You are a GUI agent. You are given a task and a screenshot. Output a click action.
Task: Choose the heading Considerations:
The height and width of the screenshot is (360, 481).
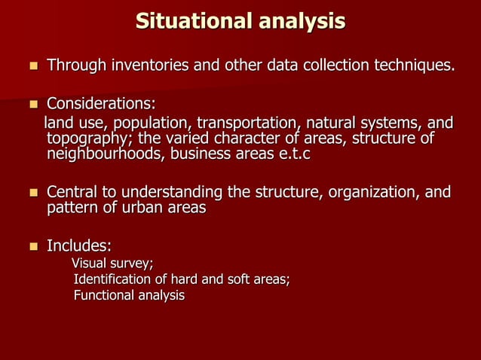tap(101, 102)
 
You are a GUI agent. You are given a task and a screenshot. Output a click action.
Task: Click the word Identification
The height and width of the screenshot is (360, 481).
tap(109, 279)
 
